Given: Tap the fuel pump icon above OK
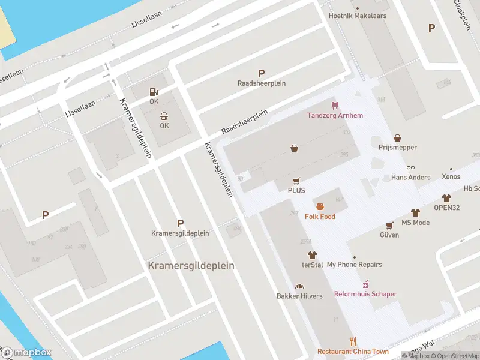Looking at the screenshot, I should [154, 92].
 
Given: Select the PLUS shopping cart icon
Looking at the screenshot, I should [296, 181].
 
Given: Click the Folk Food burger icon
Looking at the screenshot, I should [320, 206].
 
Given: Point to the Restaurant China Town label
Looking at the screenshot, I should [353, 352].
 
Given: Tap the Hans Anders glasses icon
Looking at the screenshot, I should [410, 167].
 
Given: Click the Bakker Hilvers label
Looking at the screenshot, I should [299, 296].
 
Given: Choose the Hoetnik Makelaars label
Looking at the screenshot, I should [358, 16].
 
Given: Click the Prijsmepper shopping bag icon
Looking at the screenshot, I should [397, 139].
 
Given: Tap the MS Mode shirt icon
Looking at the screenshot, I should [415, 213].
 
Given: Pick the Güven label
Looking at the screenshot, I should [389, 235].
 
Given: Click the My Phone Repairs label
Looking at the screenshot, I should [354, 265].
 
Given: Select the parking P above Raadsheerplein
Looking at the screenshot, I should [261, 73].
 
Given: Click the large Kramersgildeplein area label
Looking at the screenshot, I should [191, 265].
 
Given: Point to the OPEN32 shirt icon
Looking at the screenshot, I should [446, 198].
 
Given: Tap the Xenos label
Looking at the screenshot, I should [451, 177].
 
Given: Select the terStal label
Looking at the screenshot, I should [312, 265].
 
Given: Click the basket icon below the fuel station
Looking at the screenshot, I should [164, 116].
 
